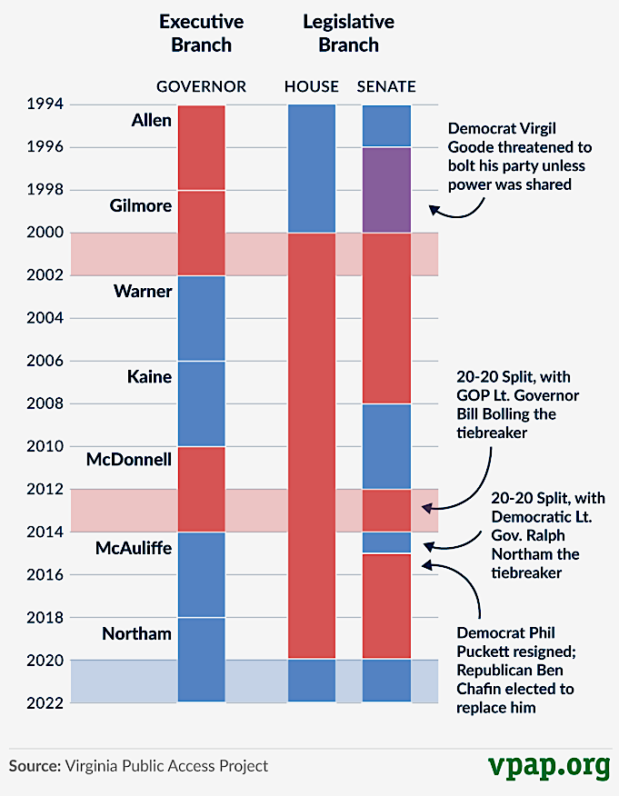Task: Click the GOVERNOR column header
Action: [x=201, y=86]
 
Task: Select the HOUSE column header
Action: [x=311, y=86]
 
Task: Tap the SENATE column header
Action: [x=386, y=86]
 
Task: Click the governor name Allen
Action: [x=151, y=120]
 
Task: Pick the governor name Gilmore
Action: [x=140, y=205]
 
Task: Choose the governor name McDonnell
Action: [x=129, y=460]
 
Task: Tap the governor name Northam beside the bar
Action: [x=136, y=633]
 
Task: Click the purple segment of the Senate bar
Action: [x=386, y=190]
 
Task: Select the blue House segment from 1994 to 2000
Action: [x=312, y=168]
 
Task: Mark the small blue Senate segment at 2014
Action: [x=386, y=542]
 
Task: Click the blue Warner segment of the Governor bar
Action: [x=201, y=318]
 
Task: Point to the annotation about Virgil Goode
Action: [x=519, y=156]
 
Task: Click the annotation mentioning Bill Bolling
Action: [x=519, y=404]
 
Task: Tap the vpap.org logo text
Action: [x=547, y=764]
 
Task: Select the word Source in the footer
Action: [x=34, y=766]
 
